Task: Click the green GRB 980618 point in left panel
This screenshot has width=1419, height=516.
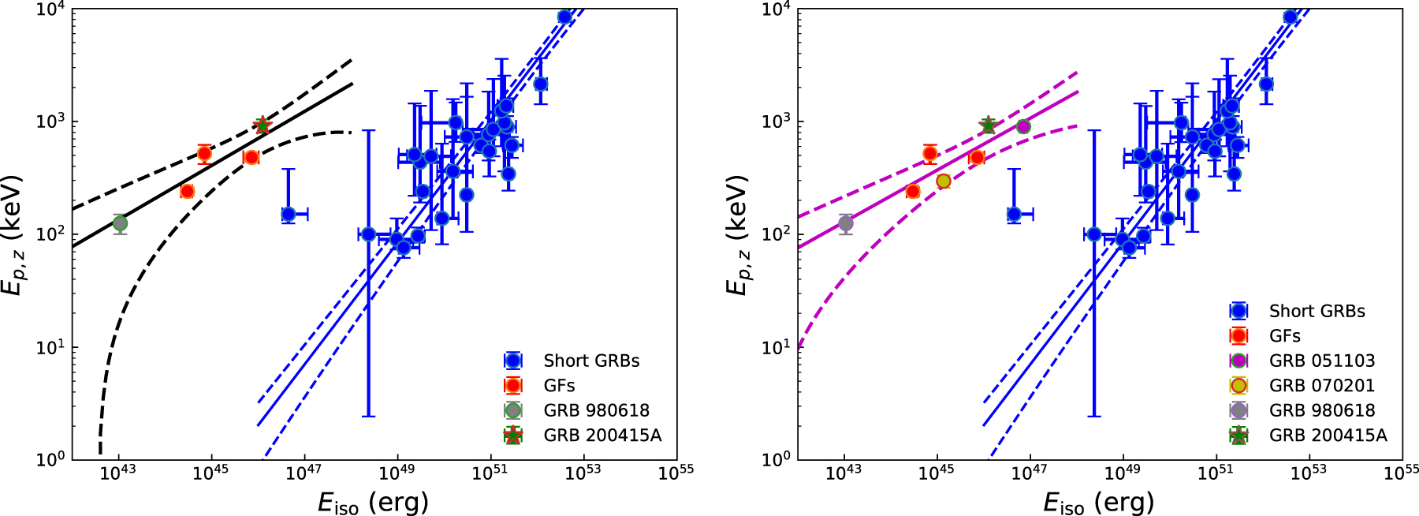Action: (x=120, y=223)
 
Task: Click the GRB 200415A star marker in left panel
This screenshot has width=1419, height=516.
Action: (x=263, y=125)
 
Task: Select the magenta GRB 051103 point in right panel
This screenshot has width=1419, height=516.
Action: (x=1023, y=126)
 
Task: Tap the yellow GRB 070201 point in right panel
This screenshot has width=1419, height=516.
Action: (x=944, y=181)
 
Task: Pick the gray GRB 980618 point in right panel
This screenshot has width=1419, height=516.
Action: (x=846, y=223)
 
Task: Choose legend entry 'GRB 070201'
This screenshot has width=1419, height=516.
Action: (x=1321, y=386)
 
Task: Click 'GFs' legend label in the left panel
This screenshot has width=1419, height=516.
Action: (x=559, y=386)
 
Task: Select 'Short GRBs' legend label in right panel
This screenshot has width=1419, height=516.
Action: (x=1317, y=311)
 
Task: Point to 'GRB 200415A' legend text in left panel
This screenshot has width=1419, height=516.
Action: (x=602, y=436)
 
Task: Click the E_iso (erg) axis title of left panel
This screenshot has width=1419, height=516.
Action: (x=373, y=502)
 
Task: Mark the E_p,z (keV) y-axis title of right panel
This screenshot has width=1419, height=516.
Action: (x=737, y=235)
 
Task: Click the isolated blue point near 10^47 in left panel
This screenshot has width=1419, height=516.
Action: (x=289, y=214)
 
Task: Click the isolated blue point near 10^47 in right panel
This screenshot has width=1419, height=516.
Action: (x=1015, y=214)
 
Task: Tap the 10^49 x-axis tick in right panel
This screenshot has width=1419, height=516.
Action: (x=1122, y=472)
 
